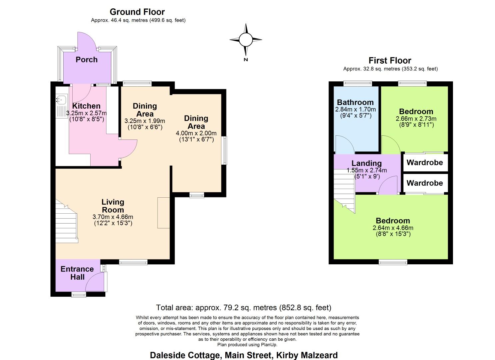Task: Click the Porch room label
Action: (x=86, y=60)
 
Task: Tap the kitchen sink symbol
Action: (x=61, y=100)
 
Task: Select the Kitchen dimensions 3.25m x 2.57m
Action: (x=86, y=113)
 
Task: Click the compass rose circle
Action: (x=246, y=40)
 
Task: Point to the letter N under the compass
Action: (x=246, y=59)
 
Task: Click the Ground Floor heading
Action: (x=137, y=12)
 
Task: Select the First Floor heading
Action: (x=390, y=61)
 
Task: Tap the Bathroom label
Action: (x=355, y=102)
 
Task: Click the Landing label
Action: (x=367, y=163)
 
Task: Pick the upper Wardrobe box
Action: (x=426, y=163)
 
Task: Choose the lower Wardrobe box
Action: (x=426, y=183)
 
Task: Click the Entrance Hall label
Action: (x=77, y=273)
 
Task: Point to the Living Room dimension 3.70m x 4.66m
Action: (x=113, y=217)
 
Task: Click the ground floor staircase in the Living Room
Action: (x=66, y=221)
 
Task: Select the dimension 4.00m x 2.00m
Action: (x=196, y=133)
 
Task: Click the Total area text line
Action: (x=244, y=307)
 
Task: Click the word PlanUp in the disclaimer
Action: (x=269, y=345)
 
